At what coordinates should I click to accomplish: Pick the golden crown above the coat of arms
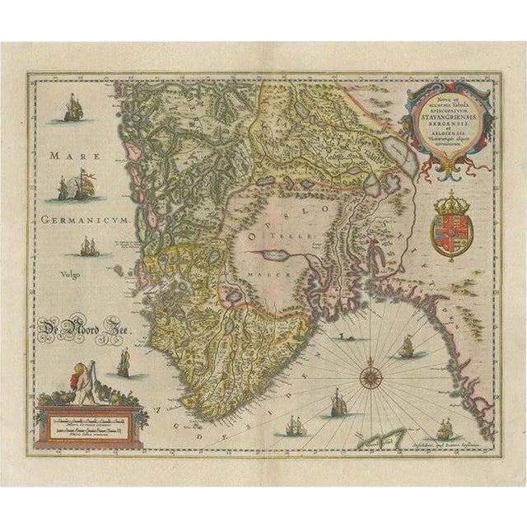[x=453, y=200]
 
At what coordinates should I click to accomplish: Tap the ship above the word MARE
[x=71, y=112]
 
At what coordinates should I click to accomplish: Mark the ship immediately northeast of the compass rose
[x=405, y=348]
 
